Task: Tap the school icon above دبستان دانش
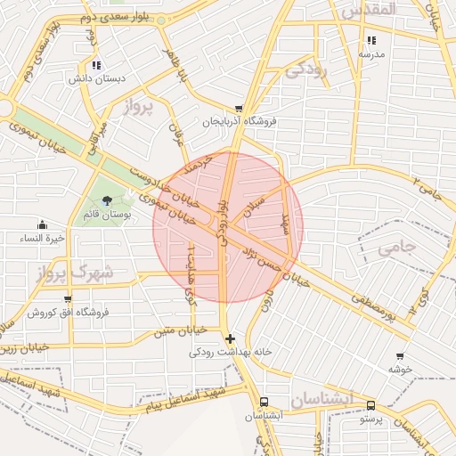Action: [96, 65]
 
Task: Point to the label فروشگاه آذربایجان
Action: [240, 121]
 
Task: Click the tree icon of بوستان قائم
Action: [108, 200]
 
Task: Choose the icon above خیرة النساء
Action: [42, 224]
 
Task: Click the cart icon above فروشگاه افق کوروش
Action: [68, 299]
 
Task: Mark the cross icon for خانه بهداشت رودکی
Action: [231, 338]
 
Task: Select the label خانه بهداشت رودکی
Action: [231, 353]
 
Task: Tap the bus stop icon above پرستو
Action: [370, 405]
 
